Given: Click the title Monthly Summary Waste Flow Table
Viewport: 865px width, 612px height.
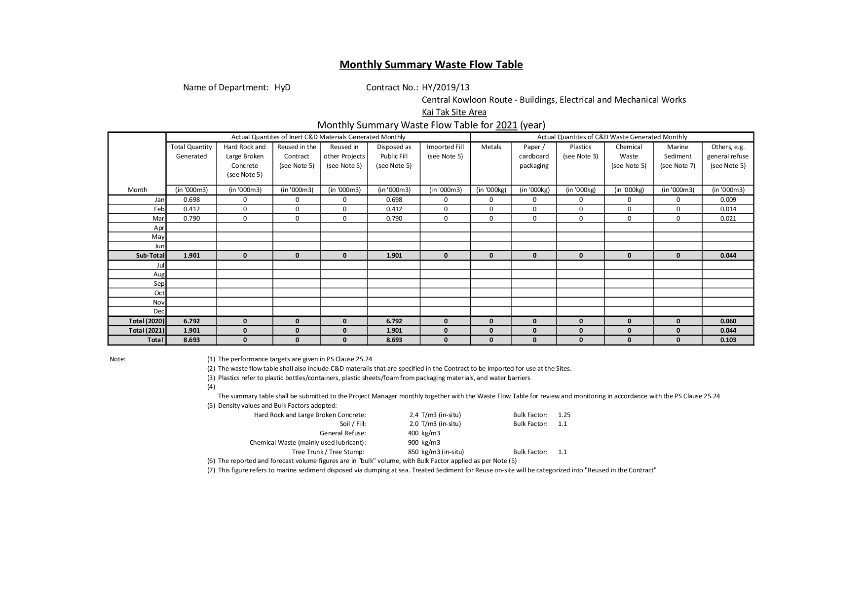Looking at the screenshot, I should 431,65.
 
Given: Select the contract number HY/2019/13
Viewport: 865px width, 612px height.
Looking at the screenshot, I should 446,87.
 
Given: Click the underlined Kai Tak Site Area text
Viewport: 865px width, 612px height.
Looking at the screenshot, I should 454,112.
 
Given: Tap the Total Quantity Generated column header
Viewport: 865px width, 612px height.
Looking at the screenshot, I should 191,152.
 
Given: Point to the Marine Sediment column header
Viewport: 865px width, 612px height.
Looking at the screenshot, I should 677,156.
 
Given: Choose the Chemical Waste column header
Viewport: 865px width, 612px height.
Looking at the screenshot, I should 629,156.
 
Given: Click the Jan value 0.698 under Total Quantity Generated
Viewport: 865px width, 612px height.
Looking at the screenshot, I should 191,200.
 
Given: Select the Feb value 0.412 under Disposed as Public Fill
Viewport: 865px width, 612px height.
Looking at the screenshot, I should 394,209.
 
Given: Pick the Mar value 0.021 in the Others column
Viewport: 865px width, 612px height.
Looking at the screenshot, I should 728,218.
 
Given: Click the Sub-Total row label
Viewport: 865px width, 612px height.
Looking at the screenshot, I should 150,256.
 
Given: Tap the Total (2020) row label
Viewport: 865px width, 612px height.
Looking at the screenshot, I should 147,321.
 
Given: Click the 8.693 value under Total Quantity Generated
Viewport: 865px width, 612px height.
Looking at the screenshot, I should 191,340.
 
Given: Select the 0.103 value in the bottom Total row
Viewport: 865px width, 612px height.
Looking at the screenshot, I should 728,340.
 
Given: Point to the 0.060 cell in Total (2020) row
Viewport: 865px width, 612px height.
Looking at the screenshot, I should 728,321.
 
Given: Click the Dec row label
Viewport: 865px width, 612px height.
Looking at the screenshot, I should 159,311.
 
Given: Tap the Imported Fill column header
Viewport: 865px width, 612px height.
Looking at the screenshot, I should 445,152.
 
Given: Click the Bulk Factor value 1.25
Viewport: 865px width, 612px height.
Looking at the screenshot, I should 564,415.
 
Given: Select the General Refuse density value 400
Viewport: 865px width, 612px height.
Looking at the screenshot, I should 413,433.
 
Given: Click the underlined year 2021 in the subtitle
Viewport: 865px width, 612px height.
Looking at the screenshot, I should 506,125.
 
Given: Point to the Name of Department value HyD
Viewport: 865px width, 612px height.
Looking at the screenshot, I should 283,87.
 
